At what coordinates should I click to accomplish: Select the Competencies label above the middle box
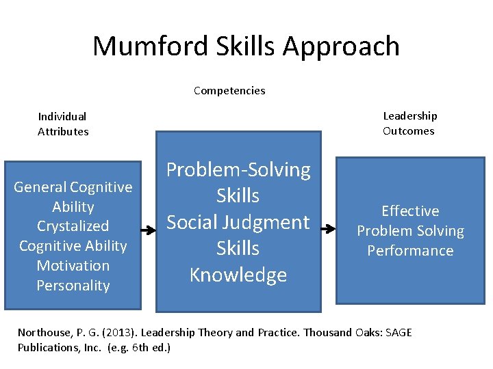tap(229, 90)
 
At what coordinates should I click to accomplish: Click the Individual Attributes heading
tap(63, 124)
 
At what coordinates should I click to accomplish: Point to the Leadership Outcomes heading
tap(409, 124)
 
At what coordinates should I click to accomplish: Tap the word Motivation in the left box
tap(73, 266)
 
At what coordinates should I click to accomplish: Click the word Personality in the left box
tap(73, 285)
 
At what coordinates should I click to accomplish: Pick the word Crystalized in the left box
tap(73, 226)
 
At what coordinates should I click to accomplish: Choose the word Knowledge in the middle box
tap(238, 275)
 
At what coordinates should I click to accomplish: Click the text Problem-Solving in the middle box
tap(238, 169)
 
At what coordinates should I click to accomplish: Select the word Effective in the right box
tap(410, 211)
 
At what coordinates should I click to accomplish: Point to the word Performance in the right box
tap(410, 251)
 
